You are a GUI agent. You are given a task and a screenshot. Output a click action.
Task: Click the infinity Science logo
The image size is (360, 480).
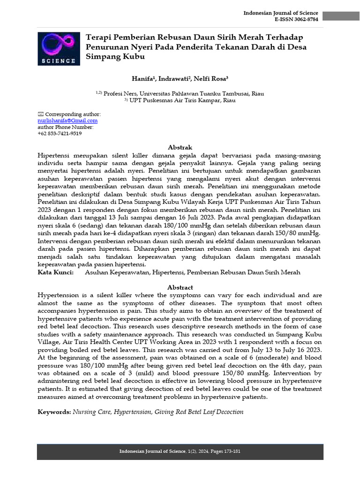58,48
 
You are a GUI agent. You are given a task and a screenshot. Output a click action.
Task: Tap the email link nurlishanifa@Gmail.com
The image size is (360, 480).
67,120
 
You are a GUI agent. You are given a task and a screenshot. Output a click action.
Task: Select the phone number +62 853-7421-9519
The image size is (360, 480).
60,133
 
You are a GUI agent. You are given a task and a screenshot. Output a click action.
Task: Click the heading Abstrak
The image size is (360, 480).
180,147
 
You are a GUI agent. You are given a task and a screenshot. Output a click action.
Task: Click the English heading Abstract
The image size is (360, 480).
180,287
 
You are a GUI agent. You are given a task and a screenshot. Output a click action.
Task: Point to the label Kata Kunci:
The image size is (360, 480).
55,272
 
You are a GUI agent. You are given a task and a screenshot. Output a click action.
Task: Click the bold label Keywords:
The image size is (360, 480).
54,412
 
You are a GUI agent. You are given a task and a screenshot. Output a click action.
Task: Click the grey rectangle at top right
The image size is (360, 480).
341,16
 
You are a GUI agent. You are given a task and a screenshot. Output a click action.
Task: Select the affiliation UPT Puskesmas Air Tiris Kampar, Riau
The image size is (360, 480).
182,100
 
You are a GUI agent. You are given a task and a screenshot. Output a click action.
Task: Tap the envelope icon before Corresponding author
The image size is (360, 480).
40,114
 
